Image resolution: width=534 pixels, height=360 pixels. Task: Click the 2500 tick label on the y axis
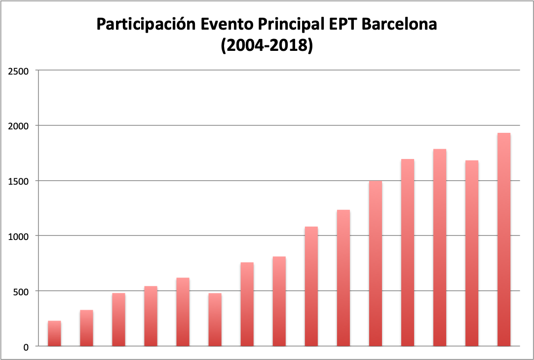click(x=19, y=71)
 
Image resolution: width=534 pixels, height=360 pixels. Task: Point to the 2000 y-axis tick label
click(x=19, y=126)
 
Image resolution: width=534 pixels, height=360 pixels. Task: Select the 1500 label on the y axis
click(x=19, y=181)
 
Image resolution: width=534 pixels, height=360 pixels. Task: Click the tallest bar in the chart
click(x=503, y=240)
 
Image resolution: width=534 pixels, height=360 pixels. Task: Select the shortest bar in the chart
click(x=54, y=334)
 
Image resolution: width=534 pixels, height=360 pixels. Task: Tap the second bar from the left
click(x=86, y=328)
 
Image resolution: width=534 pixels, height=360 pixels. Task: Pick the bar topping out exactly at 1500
click(x=375, y=264)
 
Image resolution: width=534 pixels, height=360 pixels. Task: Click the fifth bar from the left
click(x=183, y=312)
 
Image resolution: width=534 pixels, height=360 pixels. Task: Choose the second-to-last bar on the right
click(x=471, y=253)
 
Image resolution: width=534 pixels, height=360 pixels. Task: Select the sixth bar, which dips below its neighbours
click(x=215, y=320)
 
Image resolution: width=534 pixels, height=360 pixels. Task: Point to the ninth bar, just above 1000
click(x=311, y=286)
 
